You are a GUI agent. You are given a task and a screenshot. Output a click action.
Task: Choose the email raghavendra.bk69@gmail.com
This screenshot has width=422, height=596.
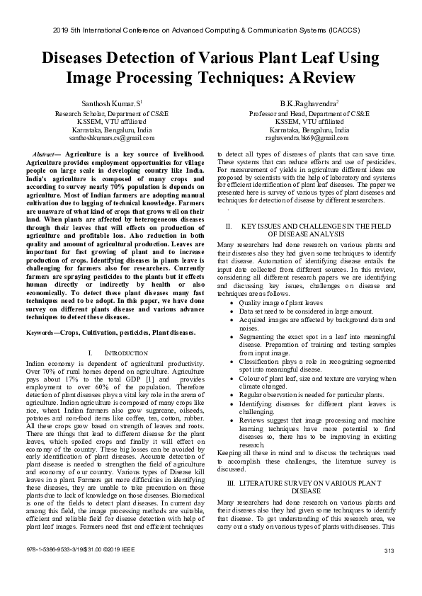coord(312,138)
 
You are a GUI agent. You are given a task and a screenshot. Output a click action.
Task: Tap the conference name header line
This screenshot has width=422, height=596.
coord(211,31)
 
